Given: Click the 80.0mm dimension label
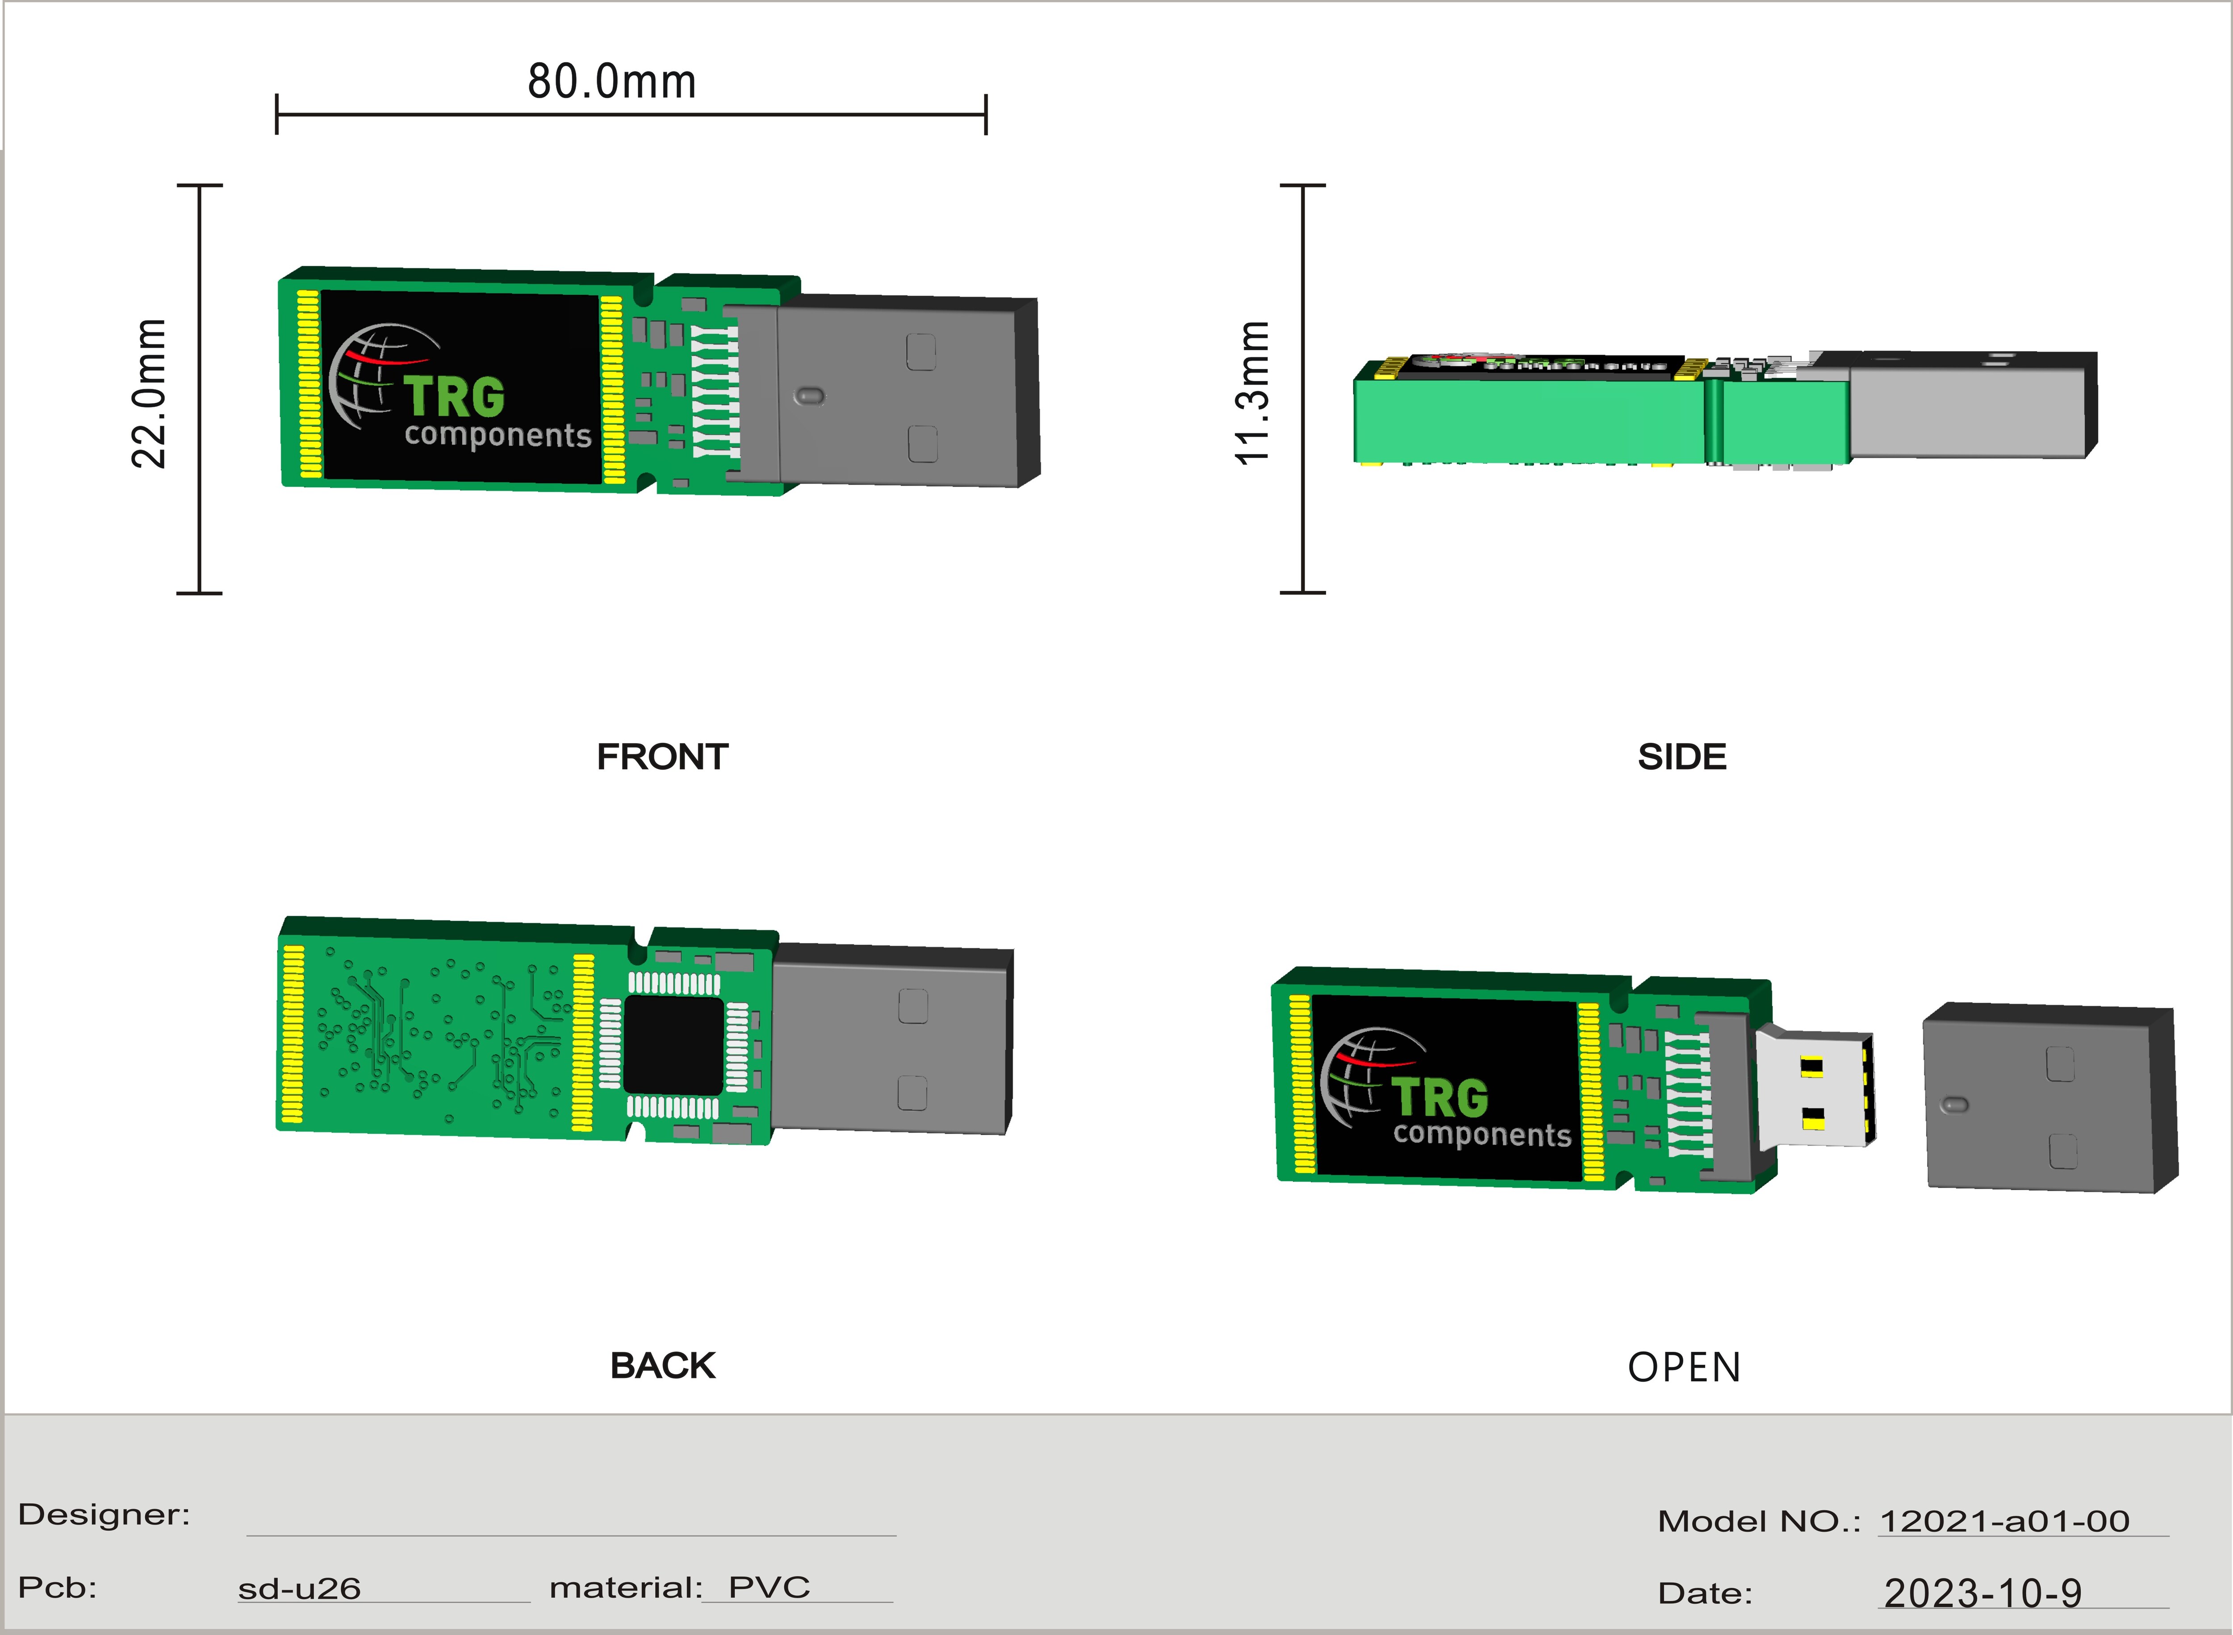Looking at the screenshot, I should (611, 81).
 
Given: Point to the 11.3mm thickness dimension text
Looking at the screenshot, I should (1251, 393).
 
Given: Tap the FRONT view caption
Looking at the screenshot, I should (662, 757).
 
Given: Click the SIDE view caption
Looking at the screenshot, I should (1682, 757).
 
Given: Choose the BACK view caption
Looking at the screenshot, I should (662, 1366).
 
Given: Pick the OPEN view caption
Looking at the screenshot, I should (1684, 1368).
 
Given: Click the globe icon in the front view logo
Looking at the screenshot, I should (371, 376).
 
